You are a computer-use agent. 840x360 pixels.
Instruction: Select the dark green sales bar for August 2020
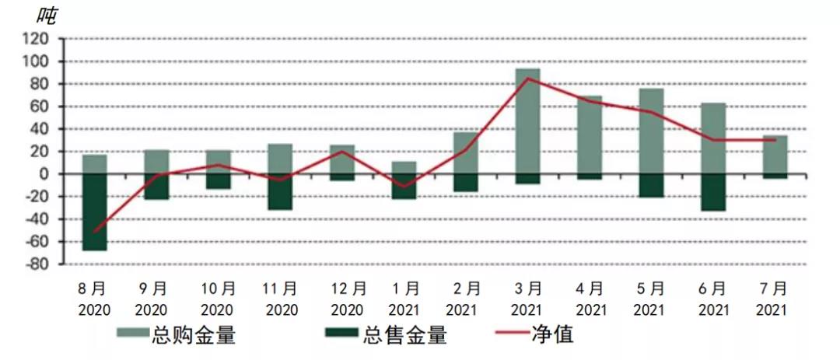pos(95,211)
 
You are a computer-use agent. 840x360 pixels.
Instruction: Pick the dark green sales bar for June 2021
pos(713,192)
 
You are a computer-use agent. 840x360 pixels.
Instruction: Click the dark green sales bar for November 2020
pos(280,191)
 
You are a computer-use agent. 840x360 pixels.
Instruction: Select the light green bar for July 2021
pos(775,154)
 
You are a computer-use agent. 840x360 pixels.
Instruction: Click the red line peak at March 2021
pos(528,78)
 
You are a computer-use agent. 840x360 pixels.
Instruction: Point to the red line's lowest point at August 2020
pos(95,232)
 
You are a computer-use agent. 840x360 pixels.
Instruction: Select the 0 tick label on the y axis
pos(44,174)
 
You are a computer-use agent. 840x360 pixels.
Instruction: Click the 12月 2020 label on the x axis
pos(342,299)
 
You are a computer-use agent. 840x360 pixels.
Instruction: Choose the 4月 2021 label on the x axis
pos(590,299)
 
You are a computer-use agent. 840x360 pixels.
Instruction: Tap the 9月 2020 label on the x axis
pos(156,299)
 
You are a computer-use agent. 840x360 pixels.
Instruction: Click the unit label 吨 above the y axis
pos(47,16)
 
